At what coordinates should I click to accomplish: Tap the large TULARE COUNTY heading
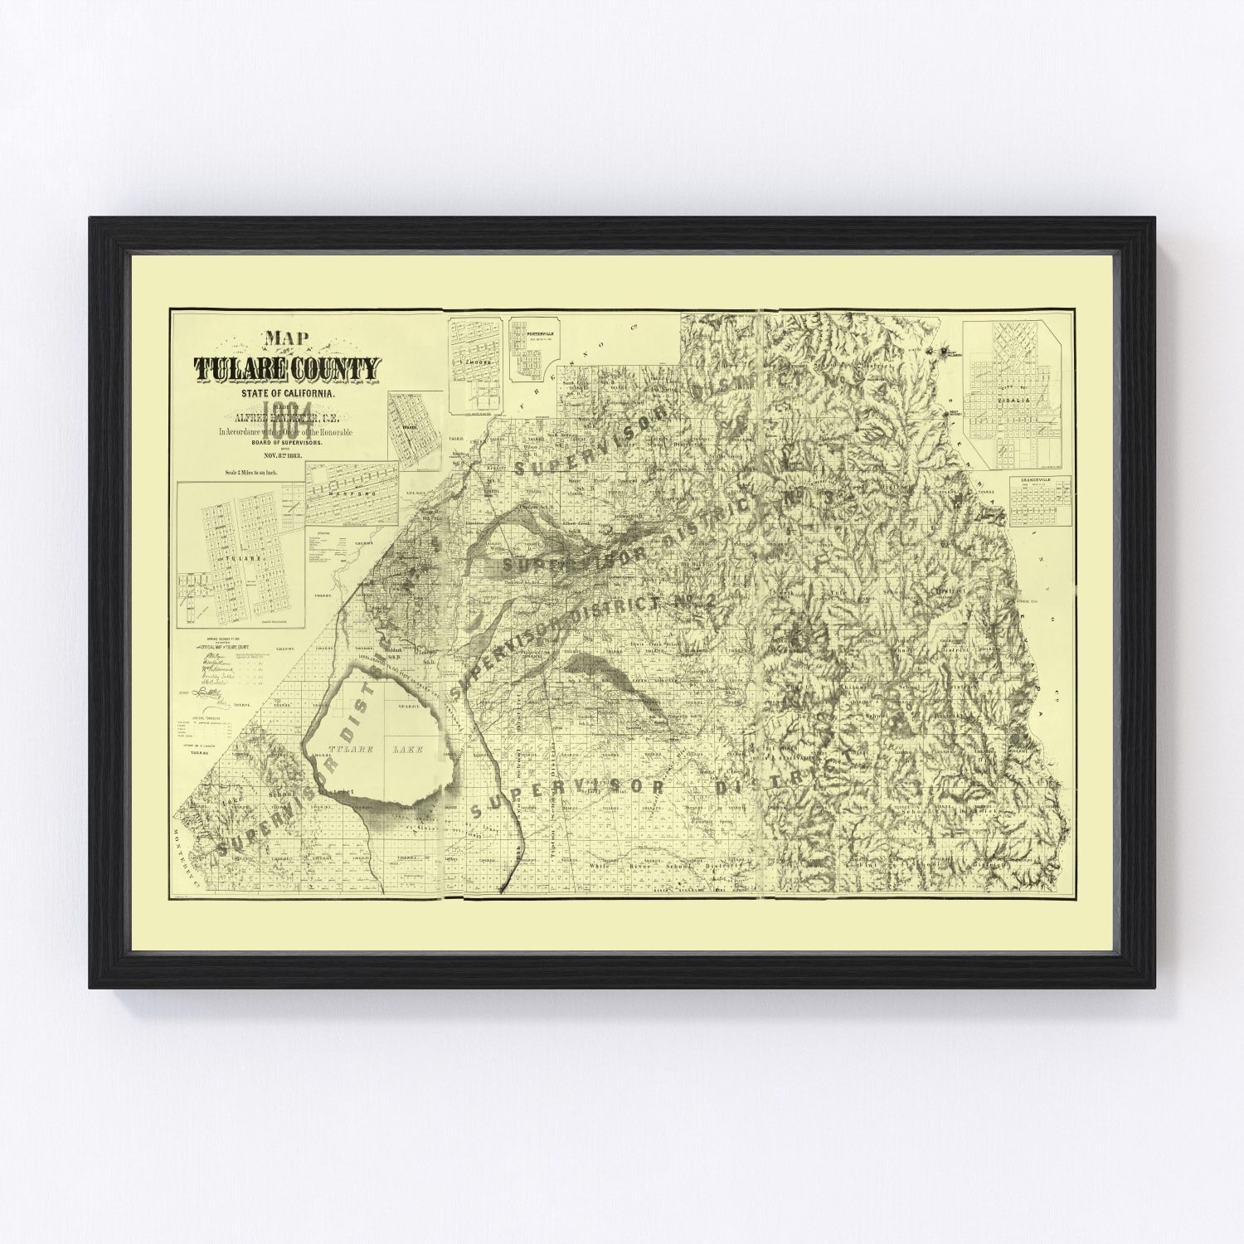tap(286, 368)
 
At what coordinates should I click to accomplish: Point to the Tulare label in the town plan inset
tap(233, 559)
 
